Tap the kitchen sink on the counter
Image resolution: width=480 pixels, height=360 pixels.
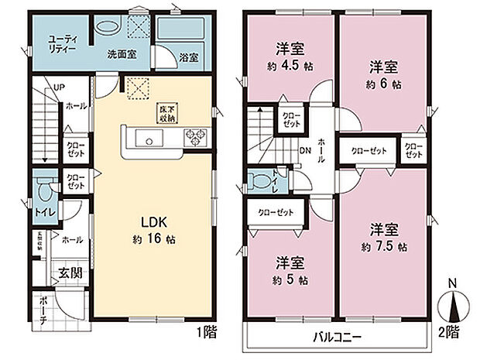149,139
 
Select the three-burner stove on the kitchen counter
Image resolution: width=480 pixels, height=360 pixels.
194,139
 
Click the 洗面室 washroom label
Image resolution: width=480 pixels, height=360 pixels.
122,57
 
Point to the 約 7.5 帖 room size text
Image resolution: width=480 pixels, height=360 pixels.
384,247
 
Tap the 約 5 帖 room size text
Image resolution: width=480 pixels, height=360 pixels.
288,279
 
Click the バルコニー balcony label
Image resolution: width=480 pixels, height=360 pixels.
337,337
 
